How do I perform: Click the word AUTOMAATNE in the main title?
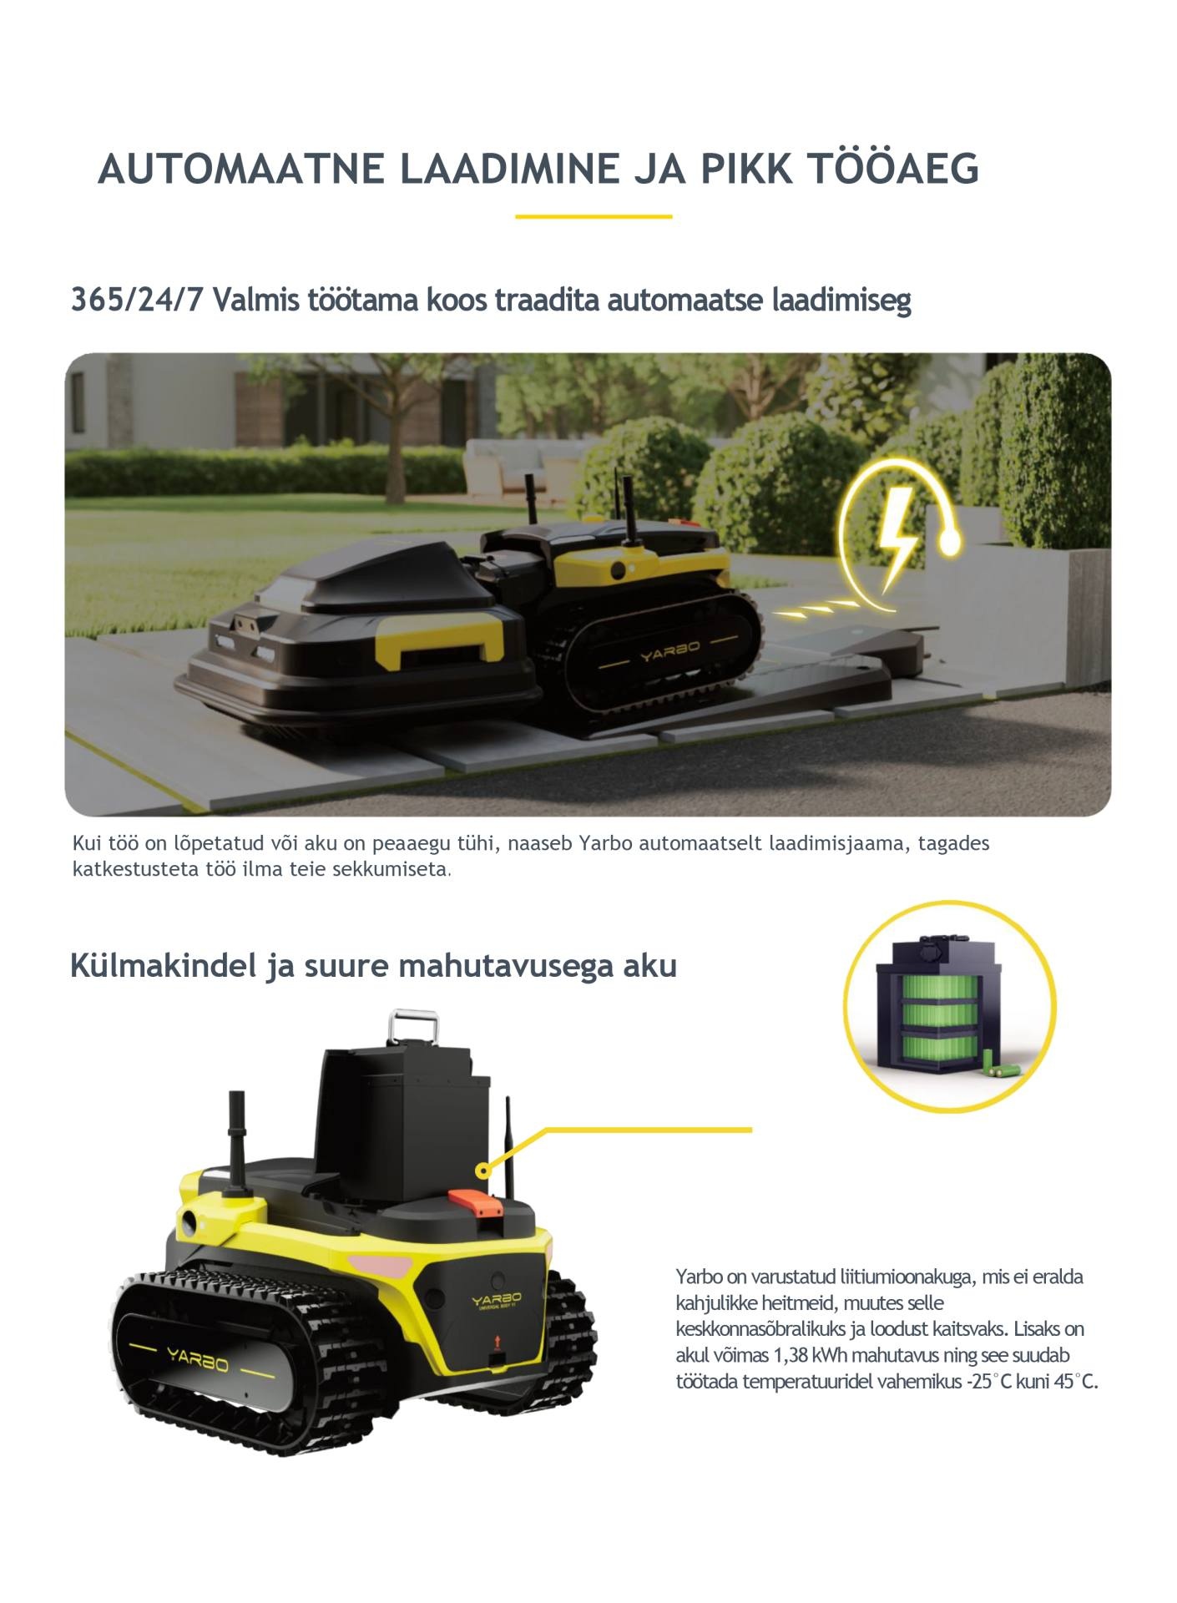tap(241, 169)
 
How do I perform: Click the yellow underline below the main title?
tap(594, 216)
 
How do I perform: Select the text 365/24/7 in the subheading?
tap(138, 300)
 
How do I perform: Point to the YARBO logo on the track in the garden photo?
tap(670, 650)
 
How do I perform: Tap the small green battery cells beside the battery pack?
tap(1002, 1064)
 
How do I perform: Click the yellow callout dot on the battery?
tap(482, 1171)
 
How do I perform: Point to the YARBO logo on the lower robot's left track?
tap(197, 1361)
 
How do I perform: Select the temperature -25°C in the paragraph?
tap(989, 1381)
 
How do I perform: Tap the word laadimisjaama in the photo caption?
tap(836, 843)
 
